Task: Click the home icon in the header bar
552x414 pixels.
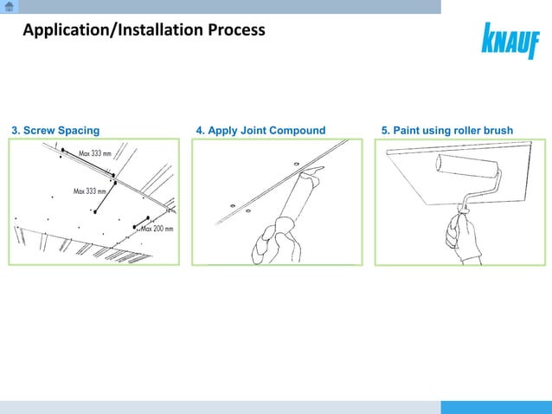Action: coord(10,7)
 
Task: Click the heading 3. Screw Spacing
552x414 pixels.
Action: coord(55,131)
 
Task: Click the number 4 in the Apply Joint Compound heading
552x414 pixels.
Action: coord(200,131)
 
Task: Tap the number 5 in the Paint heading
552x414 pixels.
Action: coord(384,131)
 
